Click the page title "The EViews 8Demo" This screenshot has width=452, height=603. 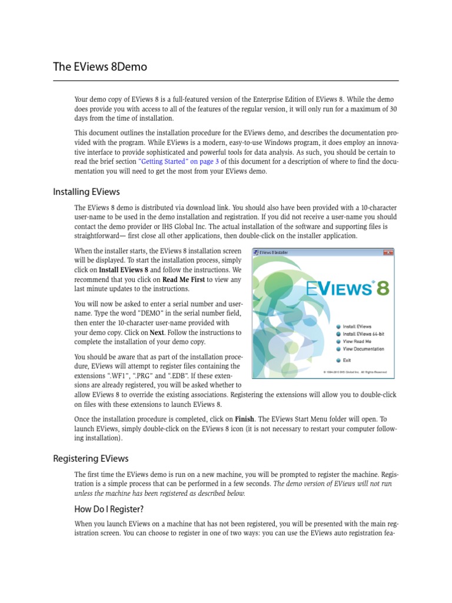100,67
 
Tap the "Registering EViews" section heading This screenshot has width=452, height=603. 91,458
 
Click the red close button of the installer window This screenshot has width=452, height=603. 387,252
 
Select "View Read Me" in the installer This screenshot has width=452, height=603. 357,341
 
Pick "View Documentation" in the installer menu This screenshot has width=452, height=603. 363,349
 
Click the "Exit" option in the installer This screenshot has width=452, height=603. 347,360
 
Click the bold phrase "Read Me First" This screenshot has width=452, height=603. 184,279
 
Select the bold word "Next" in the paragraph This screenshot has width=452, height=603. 157,332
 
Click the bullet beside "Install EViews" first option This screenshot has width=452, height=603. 338,326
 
